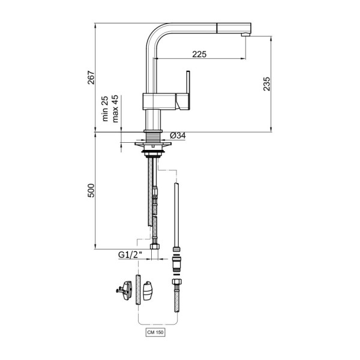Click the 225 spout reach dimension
[199, 54]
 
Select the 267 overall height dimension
[91, 77]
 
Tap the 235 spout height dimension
[266, 84]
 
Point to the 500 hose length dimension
[91, 190]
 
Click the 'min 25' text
[105, 109]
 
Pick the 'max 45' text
[115, 109]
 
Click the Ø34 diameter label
[178, 136]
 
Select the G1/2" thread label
[130, 254]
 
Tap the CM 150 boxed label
[155, 332]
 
